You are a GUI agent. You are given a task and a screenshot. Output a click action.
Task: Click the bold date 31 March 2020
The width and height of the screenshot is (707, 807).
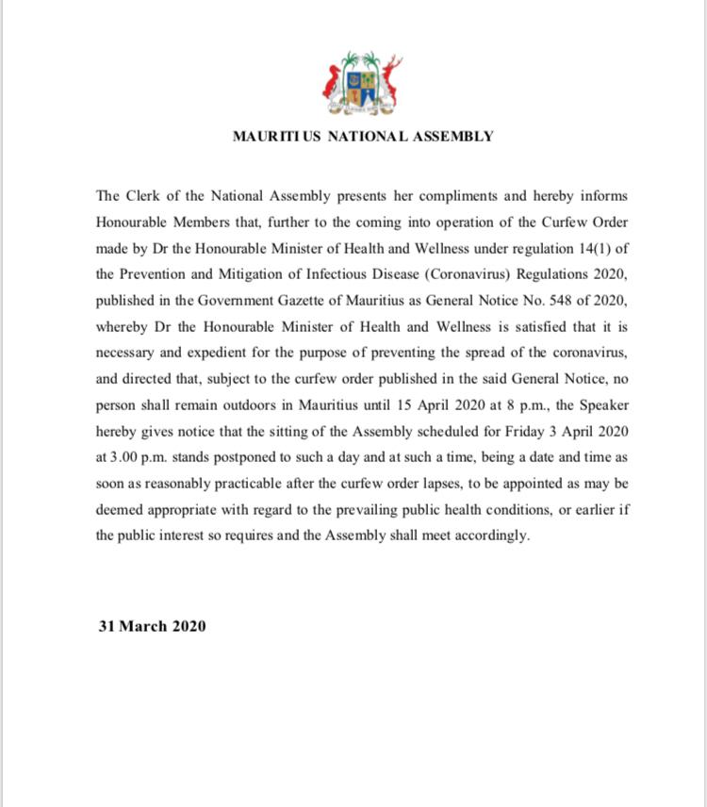tap(152, 625)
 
